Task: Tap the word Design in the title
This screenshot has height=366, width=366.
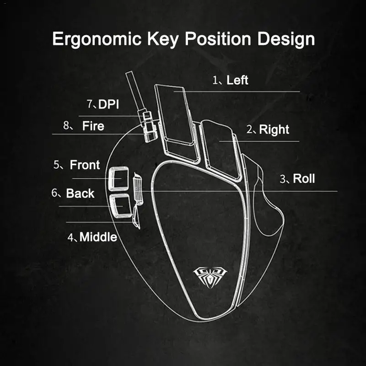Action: pyautogui.click(x=286, y=39)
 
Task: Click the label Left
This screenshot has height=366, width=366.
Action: pyautogui.click(x=237, y=80)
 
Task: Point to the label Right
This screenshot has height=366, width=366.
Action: pyautogui.click(x=274, y=129)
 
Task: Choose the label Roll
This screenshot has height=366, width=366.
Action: pyautogui.click(x=304, y=178)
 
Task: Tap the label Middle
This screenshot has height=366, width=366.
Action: pyautogui.click(x=98, y=237)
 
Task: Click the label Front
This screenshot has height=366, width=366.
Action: pyautogui.click(x=85, y=165)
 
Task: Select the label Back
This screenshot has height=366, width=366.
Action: pyautogui.click(x=80, y=193)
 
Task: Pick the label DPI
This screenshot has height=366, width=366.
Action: pyautogui.click(x=108, y=104)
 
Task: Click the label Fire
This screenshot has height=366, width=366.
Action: pyautogui.click(x=93, y=126)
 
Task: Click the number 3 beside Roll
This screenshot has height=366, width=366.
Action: pyautogui.click(x=283, y=178)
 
